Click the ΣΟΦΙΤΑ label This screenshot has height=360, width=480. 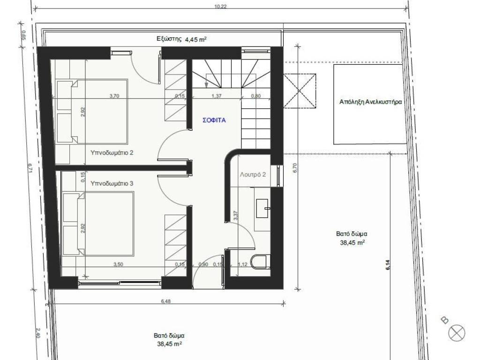[x=214, y=120]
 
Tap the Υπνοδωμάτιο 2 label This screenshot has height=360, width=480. [x=112, y=152]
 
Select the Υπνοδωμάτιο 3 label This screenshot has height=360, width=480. [x=112, y=183]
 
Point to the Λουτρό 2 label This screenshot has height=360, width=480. [x=253, y=174]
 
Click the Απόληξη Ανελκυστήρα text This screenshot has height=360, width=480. [x=370, y=102]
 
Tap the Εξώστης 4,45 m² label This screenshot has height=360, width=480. [x=181, y=39]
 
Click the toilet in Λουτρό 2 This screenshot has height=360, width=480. [x=261, y=261]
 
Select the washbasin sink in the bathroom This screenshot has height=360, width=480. [x=263, y=209]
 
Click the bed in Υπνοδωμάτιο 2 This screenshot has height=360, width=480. [x=91, y=112]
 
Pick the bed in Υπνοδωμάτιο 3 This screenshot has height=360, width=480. [x=98, y=224]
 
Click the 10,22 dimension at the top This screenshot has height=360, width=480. [x=220, y=7]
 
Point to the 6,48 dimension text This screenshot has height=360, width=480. [x=165, y=301]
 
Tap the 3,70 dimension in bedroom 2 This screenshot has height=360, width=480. [x=114, y=96]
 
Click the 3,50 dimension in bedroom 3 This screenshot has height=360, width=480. [x=118, y=264]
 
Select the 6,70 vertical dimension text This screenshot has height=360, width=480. [x=295, y=168]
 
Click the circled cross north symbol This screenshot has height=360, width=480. [x=457, y=333]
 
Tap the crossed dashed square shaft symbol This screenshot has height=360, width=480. [x=300, y=90]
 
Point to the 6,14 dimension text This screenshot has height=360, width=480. [x=388, y=264]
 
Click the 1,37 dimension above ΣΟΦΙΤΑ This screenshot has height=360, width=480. [x=217, y=96]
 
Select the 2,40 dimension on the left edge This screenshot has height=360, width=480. [x=38, y=333]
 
